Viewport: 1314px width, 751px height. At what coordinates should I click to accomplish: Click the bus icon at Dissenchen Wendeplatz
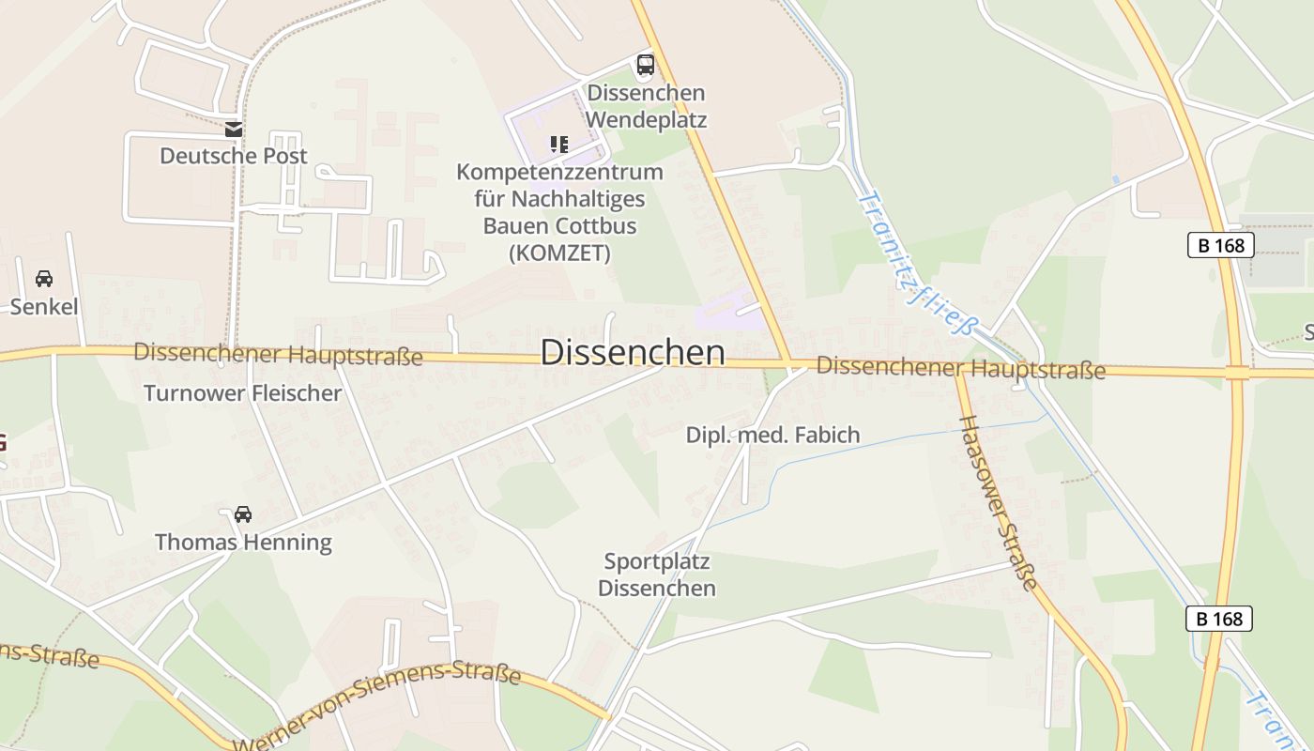pos(646,65)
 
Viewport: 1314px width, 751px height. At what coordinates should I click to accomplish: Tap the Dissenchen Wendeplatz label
pos(646,107)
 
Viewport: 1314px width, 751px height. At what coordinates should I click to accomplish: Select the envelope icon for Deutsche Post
pos(234,130)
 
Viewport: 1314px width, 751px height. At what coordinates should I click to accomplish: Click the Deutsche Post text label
pos(234,156)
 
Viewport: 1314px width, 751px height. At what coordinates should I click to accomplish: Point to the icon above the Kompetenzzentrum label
pos(559,144)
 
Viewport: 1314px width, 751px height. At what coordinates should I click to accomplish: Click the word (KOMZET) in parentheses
pos(559,253)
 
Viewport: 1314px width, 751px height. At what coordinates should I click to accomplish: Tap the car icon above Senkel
pos(44,279)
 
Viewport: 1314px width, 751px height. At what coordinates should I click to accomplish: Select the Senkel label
pos(44,307)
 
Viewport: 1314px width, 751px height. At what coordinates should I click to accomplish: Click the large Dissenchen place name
pos(633,352)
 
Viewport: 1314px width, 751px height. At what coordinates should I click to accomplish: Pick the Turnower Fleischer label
pos(242,392)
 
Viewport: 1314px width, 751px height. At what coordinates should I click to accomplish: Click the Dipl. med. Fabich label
pos(772,435)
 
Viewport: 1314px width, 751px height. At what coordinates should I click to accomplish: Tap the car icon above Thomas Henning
pos(243,513)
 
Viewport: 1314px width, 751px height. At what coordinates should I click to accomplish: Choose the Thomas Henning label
pos(243,542)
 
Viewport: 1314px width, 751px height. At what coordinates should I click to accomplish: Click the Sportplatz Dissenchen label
pos(657,575)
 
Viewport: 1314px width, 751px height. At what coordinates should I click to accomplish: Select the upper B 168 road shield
pos(1220,245)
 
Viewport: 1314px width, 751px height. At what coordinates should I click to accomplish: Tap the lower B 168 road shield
pos(1219,619)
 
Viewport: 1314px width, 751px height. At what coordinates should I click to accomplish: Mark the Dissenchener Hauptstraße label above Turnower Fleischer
pos(278,354)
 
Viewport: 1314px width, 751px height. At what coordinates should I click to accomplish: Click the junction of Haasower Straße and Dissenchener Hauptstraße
pos(959,370)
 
